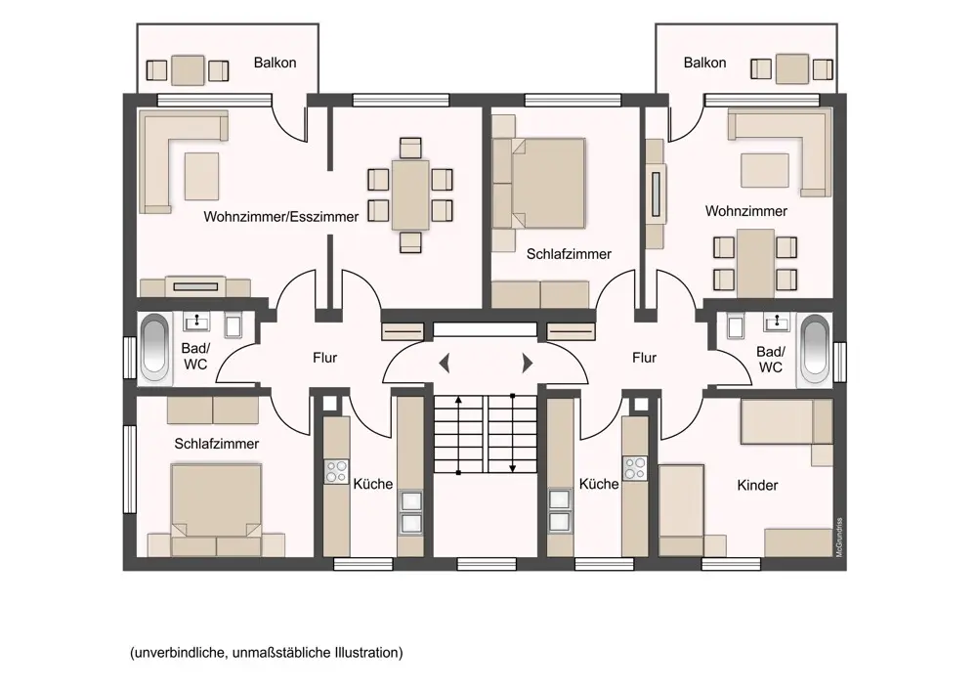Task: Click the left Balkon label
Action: (x=275, y=63)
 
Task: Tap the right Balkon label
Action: (x=704, y=63)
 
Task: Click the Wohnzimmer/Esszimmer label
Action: (x=281, y=216)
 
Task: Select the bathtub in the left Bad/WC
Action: (x=154, y=346)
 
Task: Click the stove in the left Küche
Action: (x=337, y=471)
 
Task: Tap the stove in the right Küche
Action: (x=635, y=469)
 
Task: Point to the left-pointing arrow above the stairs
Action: (x=445, y=364)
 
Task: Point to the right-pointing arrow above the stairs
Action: (x=528, y=364)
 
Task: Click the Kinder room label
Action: (x=757, y=485)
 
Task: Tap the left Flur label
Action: (x=325, y=358)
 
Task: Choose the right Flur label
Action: (x=644, y=358)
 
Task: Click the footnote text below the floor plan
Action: (x=266, y=652)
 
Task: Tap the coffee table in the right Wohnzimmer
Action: (x=764, y=170)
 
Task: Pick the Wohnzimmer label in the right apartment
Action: (x=746, y=211)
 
